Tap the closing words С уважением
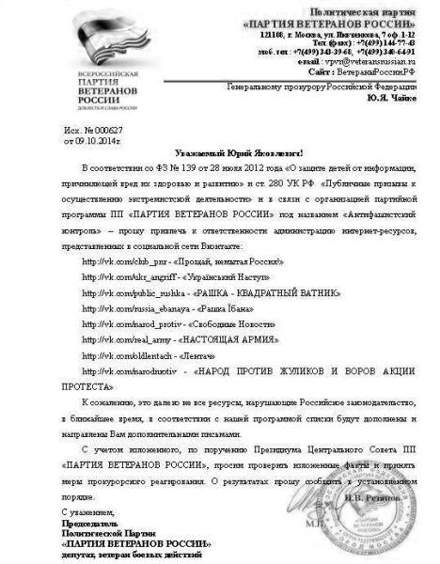[x=84, y=510]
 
